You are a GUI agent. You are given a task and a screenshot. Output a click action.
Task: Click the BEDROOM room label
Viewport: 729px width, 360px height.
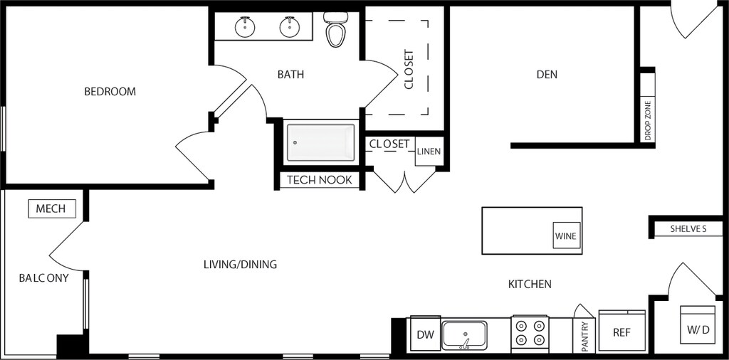point(110,92)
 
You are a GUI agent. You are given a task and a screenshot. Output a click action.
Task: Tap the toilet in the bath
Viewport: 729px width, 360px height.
point(335,31)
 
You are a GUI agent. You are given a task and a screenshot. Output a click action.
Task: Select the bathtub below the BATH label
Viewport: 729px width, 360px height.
point(320,142)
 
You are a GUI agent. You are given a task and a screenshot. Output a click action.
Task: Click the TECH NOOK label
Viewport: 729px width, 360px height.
point(320,180)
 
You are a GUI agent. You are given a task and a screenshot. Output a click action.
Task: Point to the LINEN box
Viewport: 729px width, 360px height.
point(429,152)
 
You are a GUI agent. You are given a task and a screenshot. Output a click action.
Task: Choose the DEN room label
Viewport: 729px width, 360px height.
point(547,74)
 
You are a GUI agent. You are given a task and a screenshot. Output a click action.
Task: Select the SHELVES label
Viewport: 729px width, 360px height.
point(688,229)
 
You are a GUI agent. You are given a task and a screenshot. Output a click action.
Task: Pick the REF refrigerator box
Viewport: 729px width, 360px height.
point(622,332)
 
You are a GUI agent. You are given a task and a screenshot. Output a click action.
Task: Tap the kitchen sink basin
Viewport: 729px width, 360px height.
point(464,334)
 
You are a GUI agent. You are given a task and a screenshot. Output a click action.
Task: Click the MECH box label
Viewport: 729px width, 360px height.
point(51,208)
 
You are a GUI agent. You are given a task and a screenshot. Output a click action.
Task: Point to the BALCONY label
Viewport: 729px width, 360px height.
point(44,278)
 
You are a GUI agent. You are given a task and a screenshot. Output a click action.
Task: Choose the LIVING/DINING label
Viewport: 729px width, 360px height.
point(240,265)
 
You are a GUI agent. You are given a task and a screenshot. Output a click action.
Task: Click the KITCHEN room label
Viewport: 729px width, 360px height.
point(530,285)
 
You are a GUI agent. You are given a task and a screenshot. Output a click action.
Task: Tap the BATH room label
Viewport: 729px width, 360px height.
point(290,74)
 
